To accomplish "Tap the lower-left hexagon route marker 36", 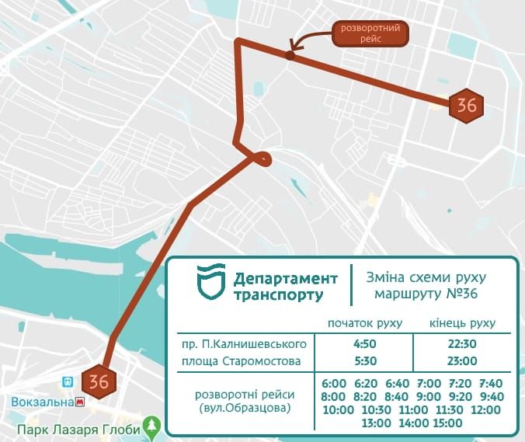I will (99, 381).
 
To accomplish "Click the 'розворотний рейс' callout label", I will (370, 34).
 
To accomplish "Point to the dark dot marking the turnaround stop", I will (290, 55).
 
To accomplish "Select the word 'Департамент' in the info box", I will (286, 279).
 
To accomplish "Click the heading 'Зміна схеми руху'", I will (429, 277).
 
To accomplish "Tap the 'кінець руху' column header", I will (463, 323).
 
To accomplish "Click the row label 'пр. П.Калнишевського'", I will (245, 343).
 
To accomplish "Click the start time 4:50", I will (363, 343).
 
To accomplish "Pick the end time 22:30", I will (463, 343).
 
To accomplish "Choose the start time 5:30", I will (363, 361).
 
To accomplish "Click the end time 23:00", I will (463, 361).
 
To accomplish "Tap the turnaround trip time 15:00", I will (447, 423).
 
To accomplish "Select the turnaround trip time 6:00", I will (333, 383).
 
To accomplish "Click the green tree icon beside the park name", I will (154, 426).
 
